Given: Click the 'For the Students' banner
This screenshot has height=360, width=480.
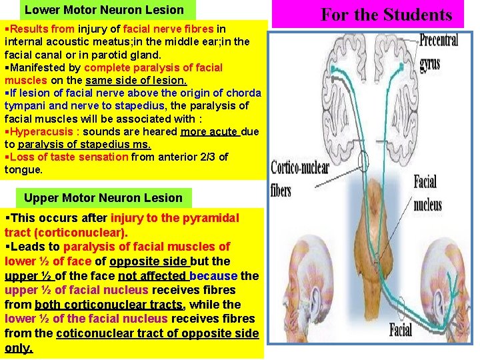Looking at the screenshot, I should pos(386,14).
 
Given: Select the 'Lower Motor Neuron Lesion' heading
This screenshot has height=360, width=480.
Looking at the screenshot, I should pos(104,10).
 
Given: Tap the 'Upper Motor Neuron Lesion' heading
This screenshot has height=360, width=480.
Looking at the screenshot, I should pos(103,198).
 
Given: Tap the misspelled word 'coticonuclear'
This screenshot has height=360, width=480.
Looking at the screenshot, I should pos(89,333).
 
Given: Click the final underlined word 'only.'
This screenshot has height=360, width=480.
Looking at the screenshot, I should pos(19,348).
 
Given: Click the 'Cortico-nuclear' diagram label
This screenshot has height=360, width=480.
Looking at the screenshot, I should pos(300,169).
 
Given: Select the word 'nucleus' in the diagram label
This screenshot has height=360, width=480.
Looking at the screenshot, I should pos(427,205).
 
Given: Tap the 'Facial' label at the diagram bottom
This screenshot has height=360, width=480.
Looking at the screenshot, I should pos(401,330).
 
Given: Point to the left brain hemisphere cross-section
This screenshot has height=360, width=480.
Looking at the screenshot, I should pos(307,93).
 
